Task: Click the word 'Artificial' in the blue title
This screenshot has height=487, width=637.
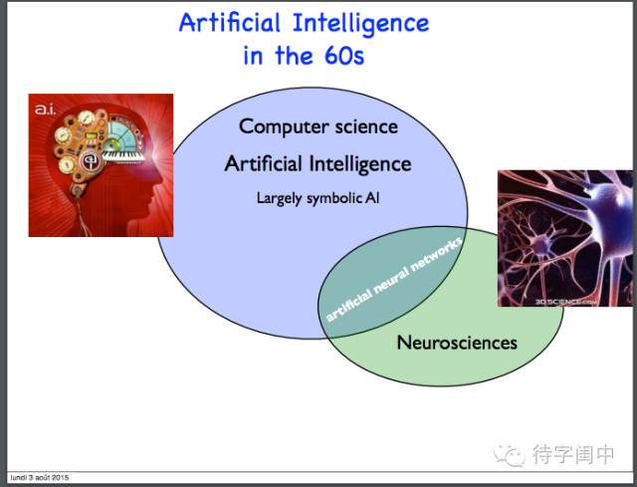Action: [x=230, y=23]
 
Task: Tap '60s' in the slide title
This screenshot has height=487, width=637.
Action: [x=344, y=56]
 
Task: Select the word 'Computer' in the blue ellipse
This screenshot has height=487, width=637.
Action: [x=284, y=126]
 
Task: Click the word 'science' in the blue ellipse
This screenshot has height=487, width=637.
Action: [x=366, y=126]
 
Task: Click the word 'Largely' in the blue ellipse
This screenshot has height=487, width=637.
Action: [x=279, y=198]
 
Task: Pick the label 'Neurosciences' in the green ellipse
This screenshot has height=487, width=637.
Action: [x=457, y=343]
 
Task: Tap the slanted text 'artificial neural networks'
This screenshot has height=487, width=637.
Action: [x=394, y=280]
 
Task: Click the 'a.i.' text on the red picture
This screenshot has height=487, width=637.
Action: [x=45, y=110]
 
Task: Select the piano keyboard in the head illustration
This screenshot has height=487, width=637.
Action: [x=123, y=156]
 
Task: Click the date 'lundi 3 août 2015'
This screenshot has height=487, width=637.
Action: [x=40, y=477]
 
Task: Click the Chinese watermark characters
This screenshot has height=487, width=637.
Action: [x=573, y=454]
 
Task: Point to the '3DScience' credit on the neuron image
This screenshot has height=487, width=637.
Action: [x=566, y=302]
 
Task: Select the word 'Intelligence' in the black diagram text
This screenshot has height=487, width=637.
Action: [x=360, y=164]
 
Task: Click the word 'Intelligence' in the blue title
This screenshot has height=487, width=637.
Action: [x=360, y=24]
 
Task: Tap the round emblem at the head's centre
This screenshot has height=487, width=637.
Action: [x=90, y=161]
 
